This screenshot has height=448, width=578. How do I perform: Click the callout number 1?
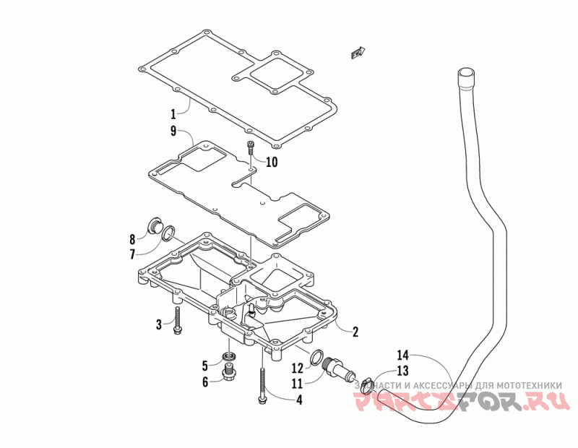pyautogui.click(x=173, y=113)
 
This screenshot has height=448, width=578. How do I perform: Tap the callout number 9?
pyautogui.click(x=173, y=131)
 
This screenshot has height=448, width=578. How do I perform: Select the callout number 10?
pyautogui.click(x=271, y=162)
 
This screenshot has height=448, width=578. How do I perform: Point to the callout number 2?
pyautogui.click(x=355, y=332)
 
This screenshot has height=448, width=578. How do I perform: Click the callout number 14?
pyautogui.click(x=402, y=356)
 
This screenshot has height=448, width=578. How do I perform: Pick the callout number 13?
pyautogui.click(x=402, y=371)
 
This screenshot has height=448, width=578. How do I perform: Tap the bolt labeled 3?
pyautogui.click(x=177, y=320)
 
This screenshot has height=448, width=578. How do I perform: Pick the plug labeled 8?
pyautogui.click(x=154, y=226)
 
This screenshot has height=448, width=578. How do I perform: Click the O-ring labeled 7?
pyautogui.click(x=168, y=233)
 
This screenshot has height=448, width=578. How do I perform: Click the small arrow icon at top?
pyautogui.click(x=358, y=51)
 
